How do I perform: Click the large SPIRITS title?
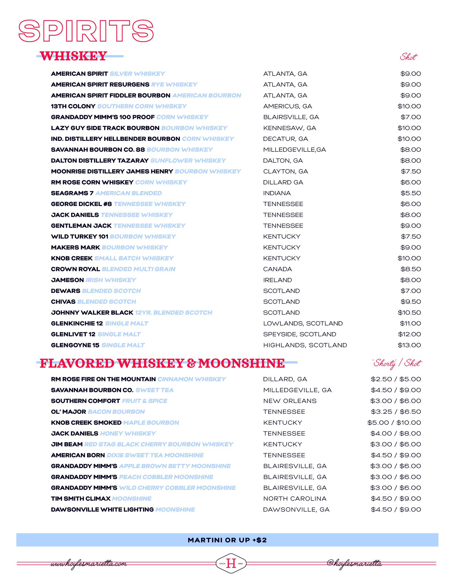tap(86, 31)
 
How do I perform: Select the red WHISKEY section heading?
tap(74, 56)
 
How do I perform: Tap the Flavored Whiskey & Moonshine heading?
tap(162, 363)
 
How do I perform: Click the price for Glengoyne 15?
tap(409, 345)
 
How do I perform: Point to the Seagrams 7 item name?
tap(72, 193)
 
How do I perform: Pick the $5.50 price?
tap(411, 193)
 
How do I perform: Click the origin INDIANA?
tap(277, 193)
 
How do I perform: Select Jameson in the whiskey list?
tap(67, 280)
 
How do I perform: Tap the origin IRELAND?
tap(277, 280)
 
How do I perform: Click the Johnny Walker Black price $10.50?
tap(409, 313)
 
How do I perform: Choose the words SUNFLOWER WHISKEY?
tap(188, 161)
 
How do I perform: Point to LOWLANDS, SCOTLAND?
tap(303, 323)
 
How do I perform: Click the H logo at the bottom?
tap(231, 563)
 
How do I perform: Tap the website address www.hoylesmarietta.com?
tap(89, 564)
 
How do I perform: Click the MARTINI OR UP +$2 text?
tap(227, 540)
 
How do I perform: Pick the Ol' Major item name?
tap(68, 412)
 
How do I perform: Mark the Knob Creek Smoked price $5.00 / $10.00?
tap(394, 423)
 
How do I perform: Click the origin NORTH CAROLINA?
tap(295, 499)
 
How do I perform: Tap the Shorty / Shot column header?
tap(396, 363)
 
